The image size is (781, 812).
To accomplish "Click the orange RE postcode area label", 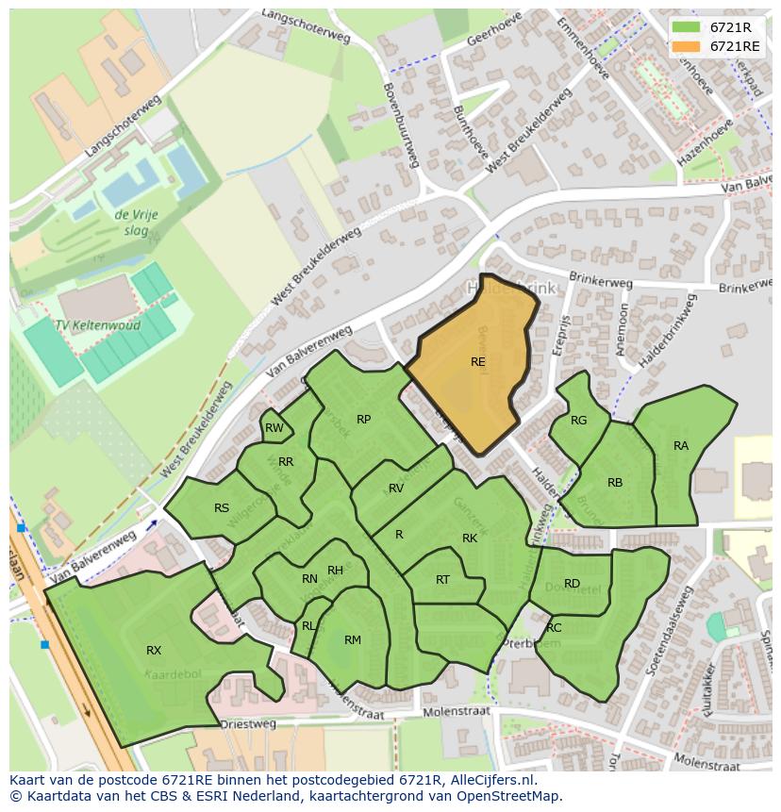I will (x=477, y=361).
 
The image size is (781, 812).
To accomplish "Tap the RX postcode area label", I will (x=154, y=651).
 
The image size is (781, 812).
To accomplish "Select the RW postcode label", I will (x=274, y=428).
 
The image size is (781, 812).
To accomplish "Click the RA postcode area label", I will (x=681, y=446).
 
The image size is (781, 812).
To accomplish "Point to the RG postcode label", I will (x=578, y=421).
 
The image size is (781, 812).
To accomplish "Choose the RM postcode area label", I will (x=352, y=640).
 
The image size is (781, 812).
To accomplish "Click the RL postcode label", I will (x=308, y=626).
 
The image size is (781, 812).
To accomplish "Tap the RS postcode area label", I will (x=221, y=508).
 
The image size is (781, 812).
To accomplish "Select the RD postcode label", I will (x=572, y=584).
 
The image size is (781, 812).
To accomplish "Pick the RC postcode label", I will (x=554, y=628).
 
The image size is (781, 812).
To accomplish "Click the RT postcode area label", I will (x=442, y=580).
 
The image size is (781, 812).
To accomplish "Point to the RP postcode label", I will (x=363, y=420).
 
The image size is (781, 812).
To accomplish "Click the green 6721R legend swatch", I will (x=685, y=27).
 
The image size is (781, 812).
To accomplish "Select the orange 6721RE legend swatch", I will (x=685, y=46).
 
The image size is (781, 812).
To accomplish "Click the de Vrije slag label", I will (x=137, y=223).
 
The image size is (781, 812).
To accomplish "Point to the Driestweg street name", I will (x=247, y=724).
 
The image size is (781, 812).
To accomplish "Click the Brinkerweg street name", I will (x=601, y=282).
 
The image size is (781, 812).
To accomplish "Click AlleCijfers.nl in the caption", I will (x=490, y=780).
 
